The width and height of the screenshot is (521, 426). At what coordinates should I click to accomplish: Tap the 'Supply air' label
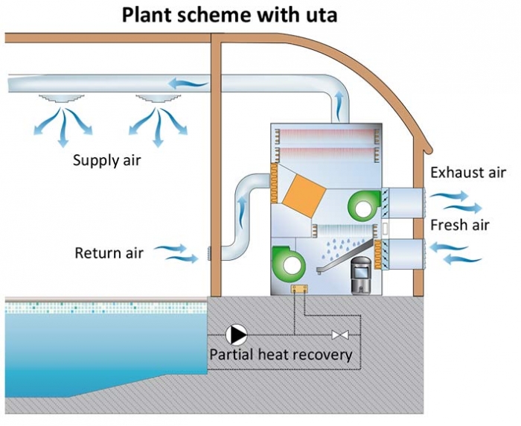(x=107, y=160)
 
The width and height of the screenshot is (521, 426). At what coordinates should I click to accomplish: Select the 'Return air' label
(x=109, y=252)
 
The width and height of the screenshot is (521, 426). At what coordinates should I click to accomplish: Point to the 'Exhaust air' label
(x=467, y=173)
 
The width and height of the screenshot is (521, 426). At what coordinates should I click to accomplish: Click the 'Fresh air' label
(x=459, y=224)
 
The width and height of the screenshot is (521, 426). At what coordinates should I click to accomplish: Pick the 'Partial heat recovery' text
(x=281, y=355)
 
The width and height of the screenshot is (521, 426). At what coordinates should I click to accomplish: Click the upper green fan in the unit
(x=362, y=204)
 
